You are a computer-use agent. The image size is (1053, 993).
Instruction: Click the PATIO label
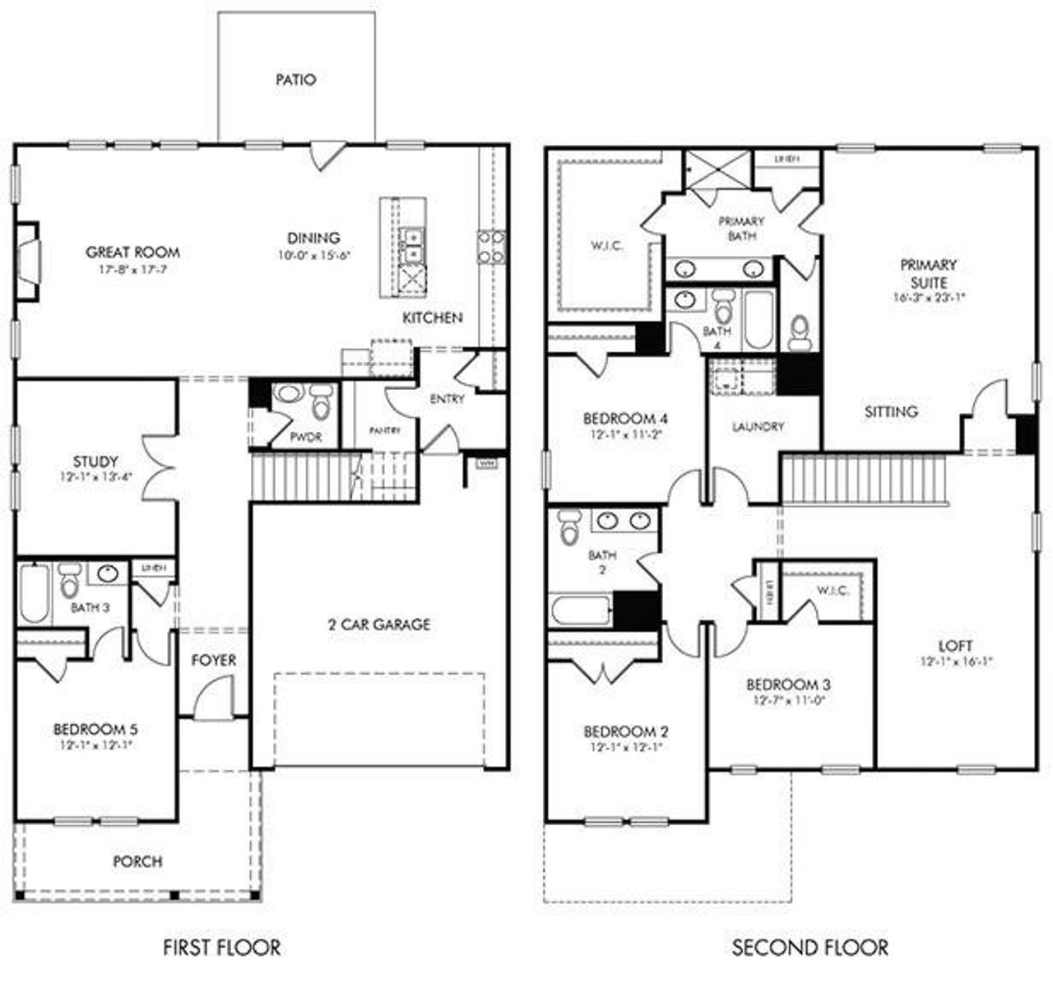(x=295, y=80)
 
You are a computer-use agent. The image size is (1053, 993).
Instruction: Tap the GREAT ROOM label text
(x=132, y=253)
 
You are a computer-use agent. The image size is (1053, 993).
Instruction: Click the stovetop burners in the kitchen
(x=491, y=247)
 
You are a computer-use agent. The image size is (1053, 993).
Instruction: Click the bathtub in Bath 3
(x=34, y=592)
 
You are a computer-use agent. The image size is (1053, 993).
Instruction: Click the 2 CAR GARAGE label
(x=379, y=624)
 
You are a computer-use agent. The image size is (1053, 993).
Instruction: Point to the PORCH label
(x=137, y=861)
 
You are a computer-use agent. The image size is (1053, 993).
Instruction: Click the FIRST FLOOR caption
(x=221, y=948)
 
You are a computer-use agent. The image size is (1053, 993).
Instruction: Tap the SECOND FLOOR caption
(x=810, y=948)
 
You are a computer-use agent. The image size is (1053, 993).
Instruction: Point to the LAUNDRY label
(x=758, y=427)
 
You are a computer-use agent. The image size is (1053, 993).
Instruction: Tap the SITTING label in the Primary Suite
(x=891, y=411)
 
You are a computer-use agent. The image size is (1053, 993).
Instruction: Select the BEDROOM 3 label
(x=788, y=684)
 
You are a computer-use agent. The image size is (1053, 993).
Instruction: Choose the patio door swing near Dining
(x=327, y=155)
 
